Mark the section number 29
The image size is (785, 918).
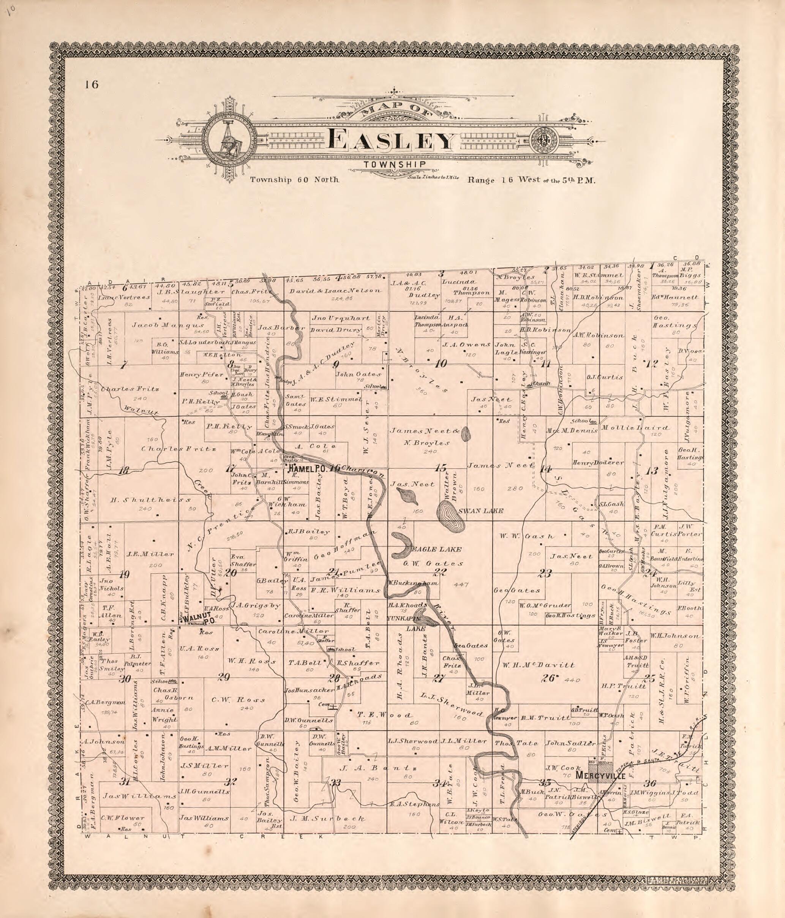click(x=224, y=676)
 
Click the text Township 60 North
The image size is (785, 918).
click(x=294, y=180)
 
